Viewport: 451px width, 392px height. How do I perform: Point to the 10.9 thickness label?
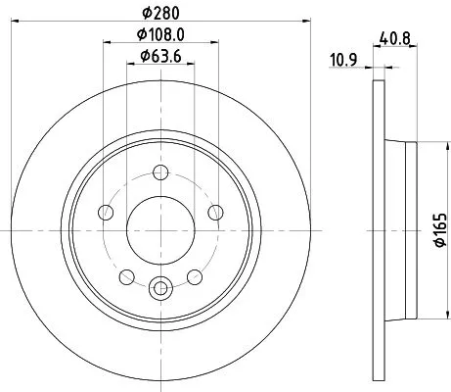pyautogui.click(x=341, y=62)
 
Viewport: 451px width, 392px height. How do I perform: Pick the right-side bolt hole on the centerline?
pyautogui.click(x=216, y=212)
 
